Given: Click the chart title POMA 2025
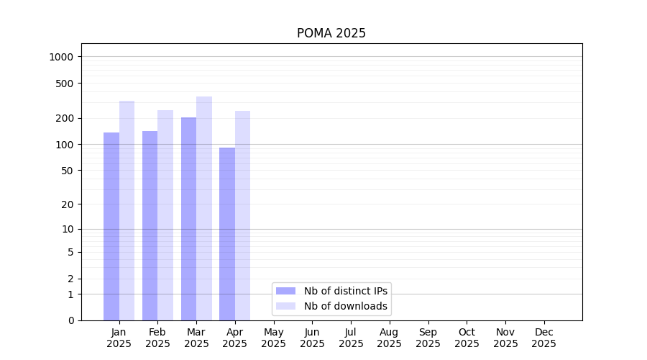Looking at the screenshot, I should click(x=331, y=33).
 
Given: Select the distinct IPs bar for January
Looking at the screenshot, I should click(x=111, y=226).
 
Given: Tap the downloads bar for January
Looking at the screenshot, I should click(x=127, y=210).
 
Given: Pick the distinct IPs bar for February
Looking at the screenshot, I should click(x=150, y=225).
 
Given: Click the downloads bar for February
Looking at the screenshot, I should click(x=165, y=215).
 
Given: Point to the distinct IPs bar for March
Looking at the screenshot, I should click(x=188, y=219).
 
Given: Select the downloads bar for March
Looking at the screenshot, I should click(x=204, y=208).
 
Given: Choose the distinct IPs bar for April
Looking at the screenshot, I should click(x=227, y=234).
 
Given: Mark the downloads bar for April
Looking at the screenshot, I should click(x=243, y=215).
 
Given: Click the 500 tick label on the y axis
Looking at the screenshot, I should click(x=66, y=84).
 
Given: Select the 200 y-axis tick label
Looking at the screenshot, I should click(x=66, y=118).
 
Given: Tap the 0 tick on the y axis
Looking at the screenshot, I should click(x=71, y=320).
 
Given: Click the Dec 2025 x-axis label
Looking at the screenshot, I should click(x=543, y=338).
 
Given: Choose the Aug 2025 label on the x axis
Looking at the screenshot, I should click(x=389, y=338).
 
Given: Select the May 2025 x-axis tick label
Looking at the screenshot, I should click(x=273, y=338).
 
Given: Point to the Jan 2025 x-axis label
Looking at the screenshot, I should click(x=119, y=338).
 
